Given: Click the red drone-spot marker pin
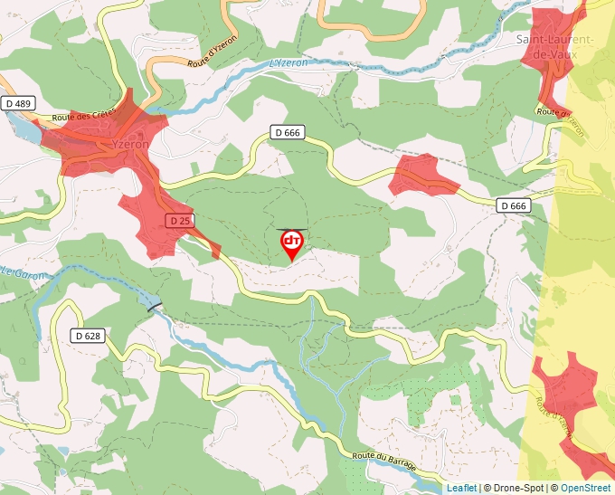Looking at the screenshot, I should (292, 243).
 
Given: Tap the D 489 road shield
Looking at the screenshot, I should (16, 104).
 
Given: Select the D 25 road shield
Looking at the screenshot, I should (180, 221).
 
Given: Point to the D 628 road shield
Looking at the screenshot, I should (88, 336).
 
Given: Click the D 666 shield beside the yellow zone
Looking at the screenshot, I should (513, 206).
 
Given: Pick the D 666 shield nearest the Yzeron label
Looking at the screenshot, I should (286, 133).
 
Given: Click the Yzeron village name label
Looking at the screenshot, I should (129, 145).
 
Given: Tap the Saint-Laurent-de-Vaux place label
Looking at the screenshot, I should (554, 47).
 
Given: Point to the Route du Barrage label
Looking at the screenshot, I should (384, 460).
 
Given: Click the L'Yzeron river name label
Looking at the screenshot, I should (289, 63).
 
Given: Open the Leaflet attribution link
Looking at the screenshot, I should (461, 488).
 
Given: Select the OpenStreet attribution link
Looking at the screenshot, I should (587, 488).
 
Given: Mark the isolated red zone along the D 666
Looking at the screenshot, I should (422, 176).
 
